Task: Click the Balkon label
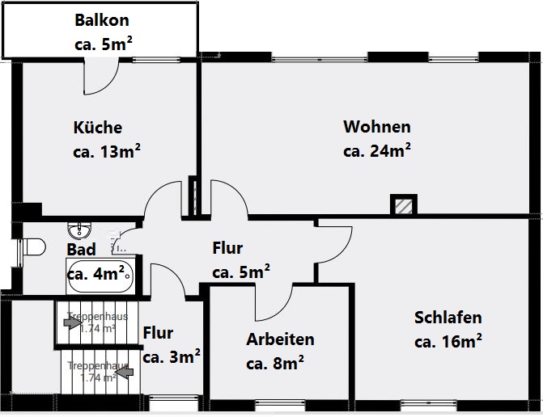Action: tap(101, 20)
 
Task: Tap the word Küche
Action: tap(98, 128)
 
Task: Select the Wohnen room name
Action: tap(377, 127)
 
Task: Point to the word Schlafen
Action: tap(448, 318)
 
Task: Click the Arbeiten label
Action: tap(280, 339)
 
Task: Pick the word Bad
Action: tap(81, 250)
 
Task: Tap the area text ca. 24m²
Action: tap(377, 151)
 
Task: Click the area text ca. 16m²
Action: tap(448, 341)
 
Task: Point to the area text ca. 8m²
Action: tap(275, 363)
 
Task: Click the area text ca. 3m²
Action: tap(172, 356)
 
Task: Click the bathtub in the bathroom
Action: tap(99, 275)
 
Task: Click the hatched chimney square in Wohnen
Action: tap(403, 205)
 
